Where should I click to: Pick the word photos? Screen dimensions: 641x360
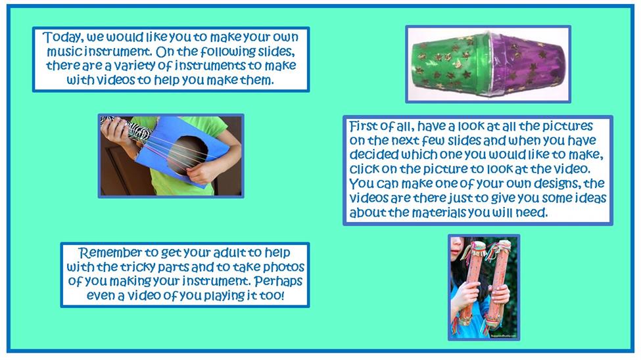point(284,267)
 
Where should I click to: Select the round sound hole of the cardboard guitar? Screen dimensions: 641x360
point(189,154)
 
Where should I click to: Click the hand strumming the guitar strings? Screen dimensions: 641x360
point(203,171)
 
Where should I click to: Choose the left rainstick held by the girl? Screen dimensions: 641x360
point(473,282)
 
